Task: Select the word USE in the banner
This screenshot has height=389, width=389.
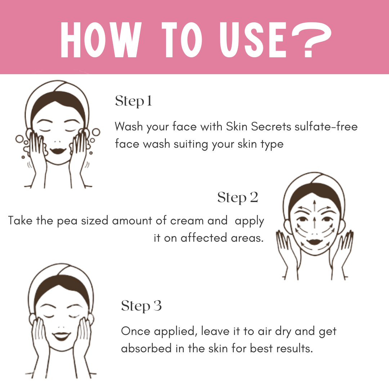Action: [x=253, y=40]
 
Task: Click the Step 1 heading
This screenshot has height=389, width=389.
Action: [x=134, y=101]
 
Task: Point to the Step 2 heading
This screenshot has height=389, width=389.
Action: [x=238, y=198]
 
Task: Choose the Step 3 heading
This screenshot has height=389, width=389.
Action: [x=142, y=306]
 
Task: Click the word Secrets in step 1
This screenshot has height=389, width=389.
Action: [x=271, y=126]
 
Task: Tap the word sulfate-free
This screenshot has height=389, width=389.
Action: [x=326, y=126]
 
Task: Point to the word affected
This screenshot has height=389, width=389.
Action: [x=204, y=238]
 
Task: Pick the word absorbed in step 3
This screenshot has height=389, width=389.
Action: [x=146, y=348]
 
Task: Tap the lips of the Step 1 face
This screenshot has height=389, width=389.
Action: [x=58, y=151]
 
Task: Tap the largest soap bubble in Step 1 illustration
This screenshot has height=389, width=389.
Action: [x=19, y=139]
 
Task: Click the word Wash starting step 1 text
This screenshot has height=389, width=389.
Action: [x=129, y=126]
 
